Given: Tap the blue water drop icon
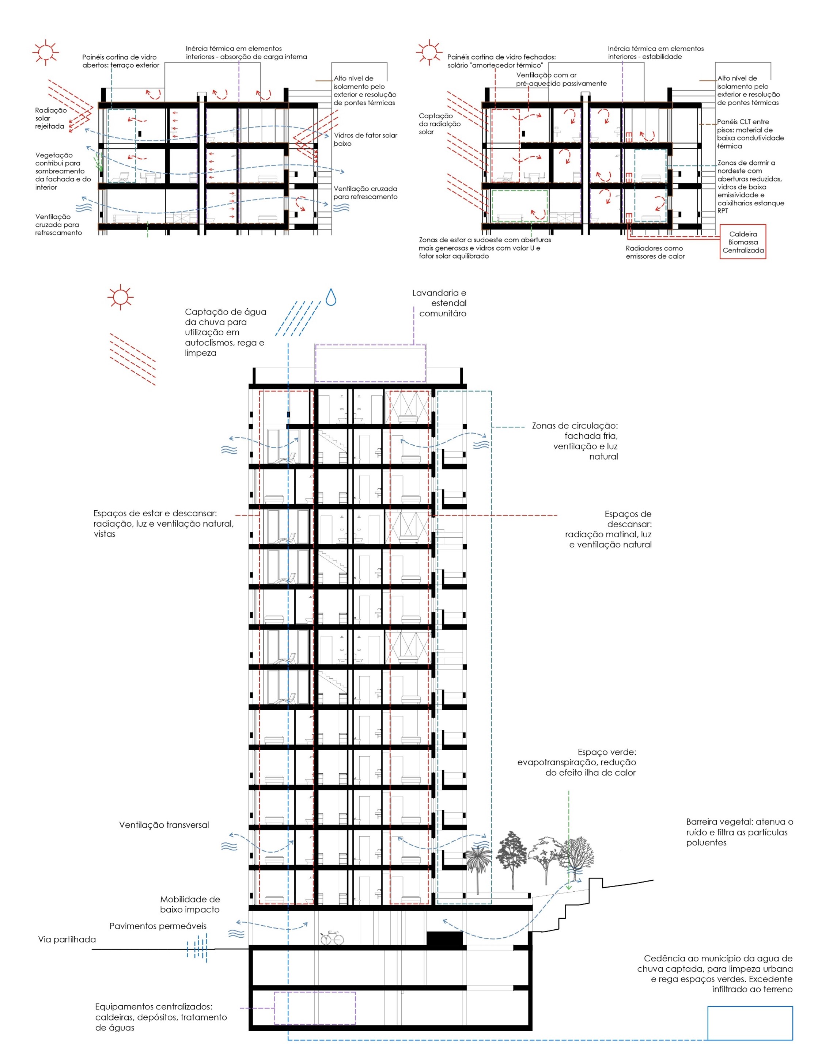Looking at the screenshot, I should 330,297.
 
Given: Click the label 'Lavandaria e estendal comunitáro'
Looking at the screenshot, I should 439,303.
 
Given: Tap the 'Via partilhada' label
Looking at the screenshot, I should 67,939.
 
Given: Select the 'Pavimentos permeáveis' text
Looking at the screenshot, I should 158,926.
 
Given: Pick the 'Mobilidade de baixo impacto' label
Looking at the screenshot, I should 190,904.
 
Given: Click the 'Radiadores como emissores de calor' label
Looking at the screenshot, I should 655,252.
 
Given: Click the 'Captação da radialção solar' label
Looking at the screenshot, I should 439,123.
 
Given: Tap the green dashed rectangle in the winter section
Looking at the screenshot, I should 520,206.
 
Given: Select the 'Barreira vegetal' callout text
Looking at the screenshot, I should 739,832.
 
